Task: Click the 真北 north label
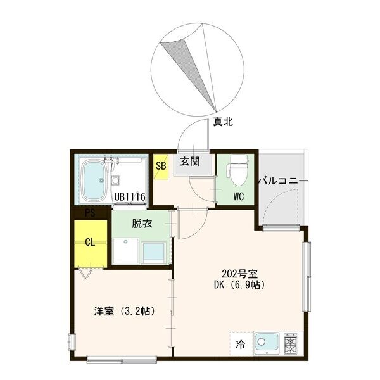[222, 122]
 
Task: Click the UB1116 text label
[130, 197]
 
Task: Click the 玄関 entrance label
[189, 161]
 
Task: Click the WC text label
[238, 196]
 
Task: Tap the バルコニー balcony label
[282, 182]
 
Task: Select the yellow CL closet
[90, 242]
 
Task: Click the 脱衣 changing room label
[141, 224]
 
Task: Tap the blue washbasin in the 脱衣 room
[154, 251]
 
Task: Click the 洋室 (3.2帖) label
[124, 311]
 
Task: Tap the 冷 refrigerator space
[241, 345]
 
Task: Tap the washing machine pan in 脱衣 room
[126, 251]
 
